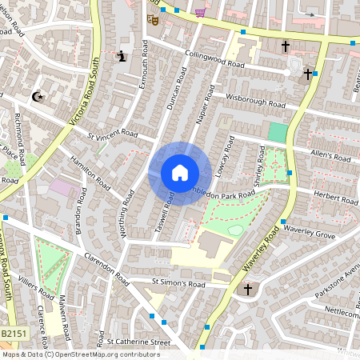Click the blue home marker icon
pos(180,173)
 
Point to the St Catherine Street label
pos(139,342)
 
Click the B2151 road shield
pos(12,333)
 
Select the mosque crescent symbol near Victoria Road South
pos(37,97)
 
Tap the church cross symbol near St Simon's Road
pos(247,289)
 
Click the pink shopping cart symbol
pos(200,11)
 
